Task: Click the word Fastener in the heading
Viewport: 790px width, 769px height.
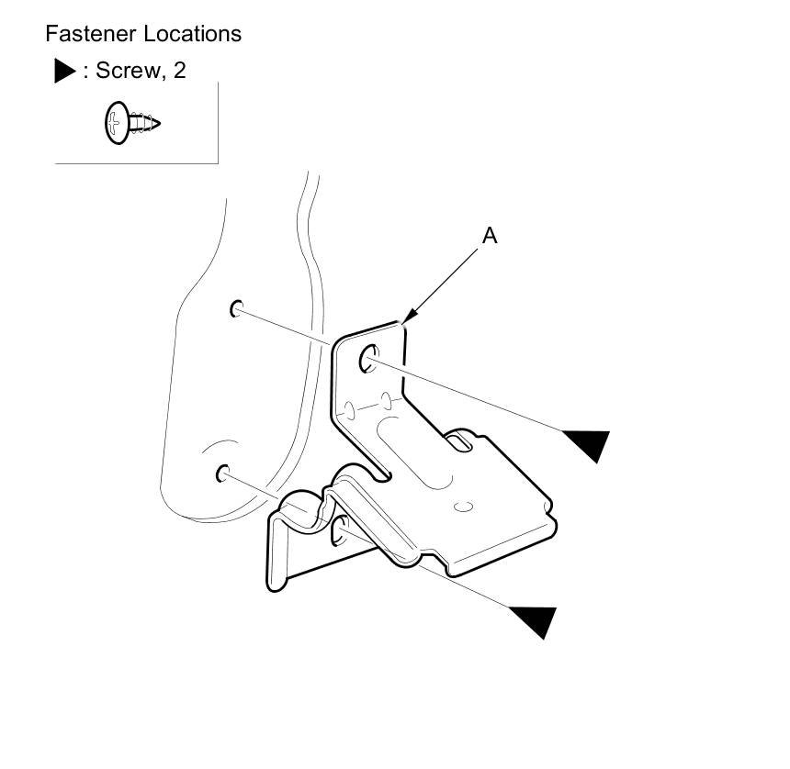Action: tap(88, 34)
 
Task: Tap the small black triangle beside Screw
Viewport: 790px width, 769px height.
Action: tap(64, 72)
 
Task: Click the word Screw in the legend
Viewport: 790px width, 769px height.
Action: tap(126, 71)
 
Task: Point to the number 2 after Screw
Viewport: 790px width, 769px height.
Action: tap(179, 71)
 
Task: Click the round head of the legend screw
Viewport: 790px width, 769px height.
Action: tap(114, 123)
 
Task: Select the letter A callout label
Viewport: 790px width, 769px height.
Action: tap(490, 236)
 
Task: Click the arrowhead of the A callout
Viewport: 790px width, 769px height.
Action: tap(406, 320)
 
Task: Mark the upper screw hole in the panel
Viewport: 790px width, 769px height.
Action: tap(236, 308)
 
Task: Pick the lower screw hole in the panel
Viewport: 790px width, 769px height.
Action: tap(222, 474)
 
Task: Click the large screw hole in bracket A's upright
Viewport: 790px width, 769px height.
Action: tap(370, 357)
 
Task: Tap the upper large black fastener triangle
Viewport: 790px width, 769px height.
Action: tap(588, 444)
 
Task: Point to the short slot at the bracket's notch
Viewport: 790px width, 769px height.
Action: tap(457, 443)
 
